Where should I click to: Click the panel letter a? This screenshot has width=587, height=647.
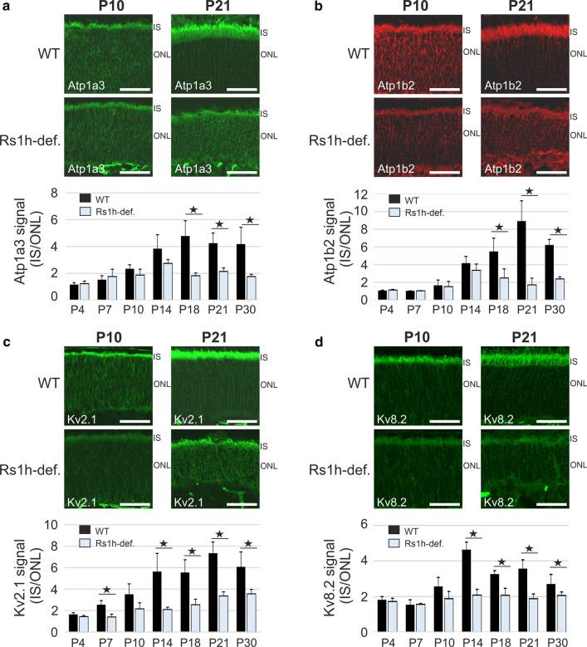(6, 7)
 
